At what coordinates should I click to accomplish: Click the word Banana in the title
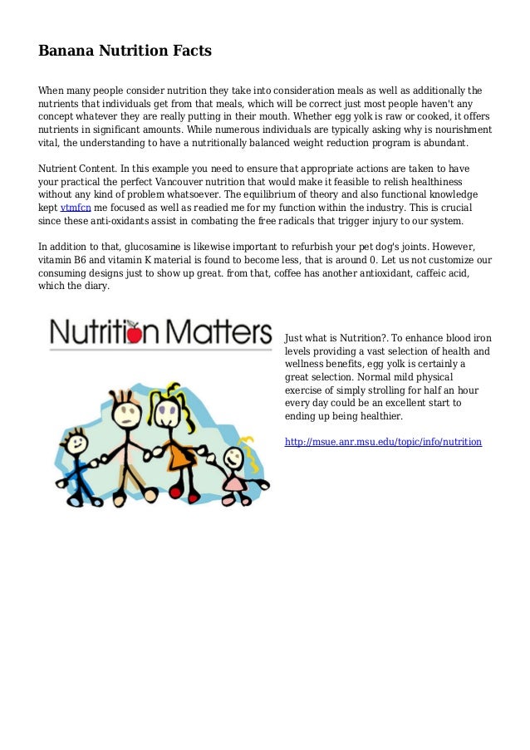point(68,51)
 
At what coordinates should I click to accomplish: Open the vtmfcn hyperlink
point(76,208)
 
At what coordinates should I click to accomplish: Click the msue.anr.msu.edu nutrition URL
point(383,442)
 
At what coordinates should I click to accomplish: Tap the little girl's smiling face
point(234,457)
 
